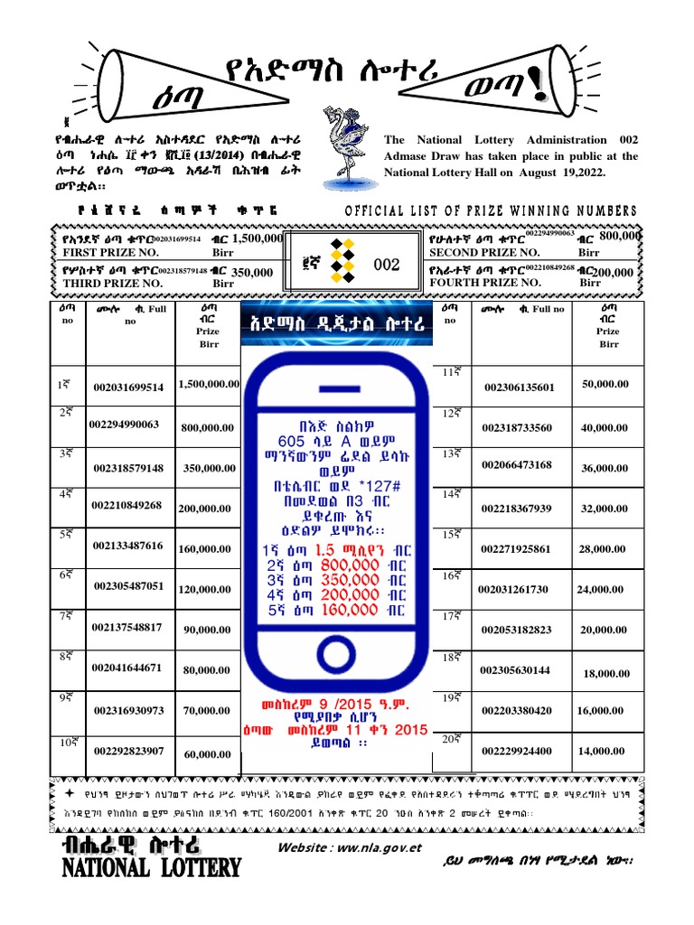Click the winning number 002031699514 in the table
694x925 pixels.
[x=128, y=388]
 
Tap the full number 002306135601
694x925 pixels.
[x=520, y=388]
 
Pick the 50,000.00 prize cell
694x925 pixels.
[x=605, y=384]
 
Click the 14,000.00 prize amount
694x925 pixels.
[x=602, y=751]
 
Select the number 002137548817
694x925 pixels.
[x=127, y=627]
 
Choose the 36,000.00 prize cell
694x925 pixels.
[x=605, y=467]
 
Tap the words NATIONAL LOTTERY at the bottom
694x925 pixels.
[x=151, y=869]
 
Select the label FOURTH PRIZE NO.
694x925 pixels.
[x=486, y=283]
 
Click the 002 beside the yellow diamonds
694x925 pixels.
[x=386, y=266]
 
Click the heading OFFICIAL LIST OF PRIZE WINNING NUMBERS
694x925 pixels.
[x=491, y=210]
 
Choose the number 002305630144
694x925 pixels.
[x=515, y=670]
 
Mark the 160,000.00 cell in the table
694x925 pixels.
[x=204, y=548]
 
